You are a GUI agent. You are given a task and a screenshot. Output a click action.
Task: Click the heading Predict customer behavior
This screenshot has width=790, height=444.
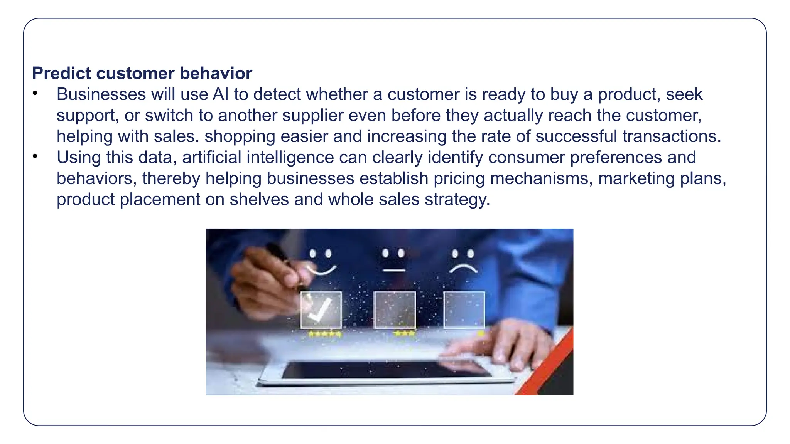pyautogui.click(x=142, y=73)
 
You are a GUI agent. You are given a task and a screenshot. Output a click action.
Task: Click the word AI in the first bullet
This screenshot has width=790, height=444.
pyautogui.click(x=221, y=94)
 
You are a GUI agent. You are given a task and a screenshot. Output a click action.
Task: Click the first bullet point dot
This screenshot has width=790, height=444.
pyautogui.click(x=35, y=93)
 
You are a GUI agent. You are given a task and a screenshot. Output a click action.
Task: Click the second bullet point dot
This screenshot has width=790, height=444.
pyautogui.click(x=35, y=156)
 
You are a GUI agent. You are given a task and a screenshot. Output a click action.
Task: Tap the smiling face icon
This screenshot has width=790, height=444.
pyautogui.click(x=321, y=262)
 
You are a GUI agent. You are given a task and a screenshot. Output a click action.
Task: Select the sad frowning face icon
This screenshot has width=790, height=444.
pyautogui.click(x=463, y=261)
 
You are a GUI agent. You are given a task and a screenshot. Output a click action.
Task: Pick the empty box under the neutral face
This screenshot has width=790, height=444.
pyautogui.click(x=395, y=309)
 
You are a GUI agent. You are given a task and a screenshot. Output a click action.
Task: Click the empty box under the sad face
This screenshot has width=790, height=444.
pyautogui.click(x=464, y=309)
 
